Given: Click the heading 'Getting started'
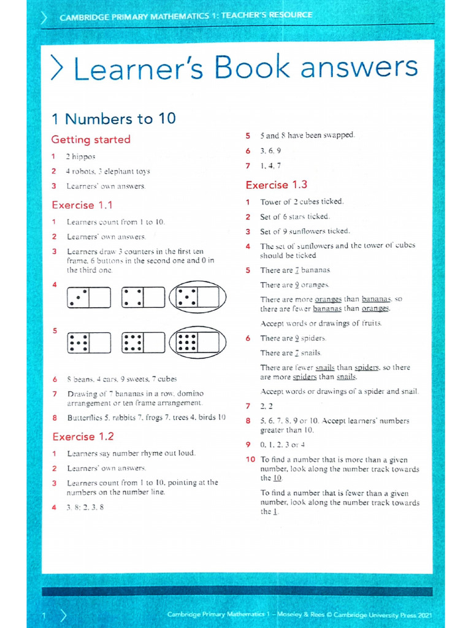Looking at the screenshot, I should [x=91, y=139].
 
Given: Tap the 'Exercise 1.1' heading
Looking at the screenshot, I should [x=82, y=205].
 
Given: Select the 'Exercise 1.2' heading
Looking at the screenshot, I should [x=83, y=437].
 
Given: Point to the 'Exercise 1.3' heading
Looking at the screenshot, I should [x=277, y=185].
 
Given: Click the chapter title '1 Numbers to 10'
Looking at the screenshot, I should [x=113, y=118].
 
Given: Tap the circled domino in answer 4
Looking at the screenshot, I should [x=197, y=297].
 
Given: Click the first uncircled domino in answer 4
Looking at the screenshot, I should [x=89, y=297].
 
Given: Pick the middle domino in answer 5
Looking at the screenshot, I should [x=144, y=342].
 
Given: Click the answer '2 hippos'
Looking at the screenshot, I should [x=81, y=156].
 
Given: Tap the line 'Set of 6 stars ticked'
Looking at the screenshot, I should [x=294, y=216].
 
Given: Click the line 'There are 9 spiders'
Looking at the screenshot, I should [x=293, y=339].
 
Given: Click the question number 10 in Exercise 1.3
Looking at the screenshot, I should [x=250, y=459].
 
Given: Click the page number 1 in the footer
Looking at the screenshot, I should [x=44, y=615].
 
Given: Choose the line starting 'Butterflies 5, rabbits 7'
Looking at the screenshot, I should [x=146, y=418].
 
